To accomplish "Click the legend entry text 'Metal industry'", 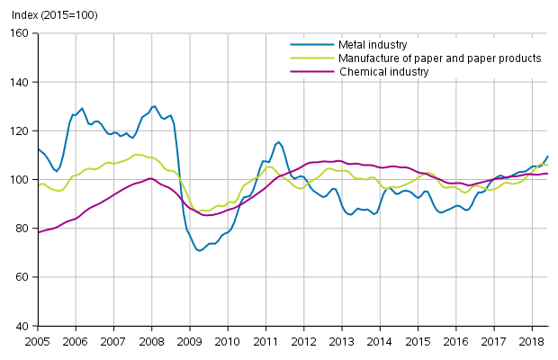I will (373, 45).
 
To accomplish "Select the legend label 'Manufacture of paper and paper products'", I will (439, 58).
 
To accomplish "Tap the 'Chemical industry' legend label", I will (383, 72).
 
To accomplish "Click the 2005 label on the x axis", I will (38, 342).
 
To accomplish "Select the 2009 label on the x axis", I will (190, 342).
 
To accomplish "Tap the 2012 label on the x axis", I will (304, 342).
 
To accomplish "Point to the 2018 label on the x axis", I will (532, 342).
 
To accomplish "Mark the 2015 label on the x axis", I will (418, 342).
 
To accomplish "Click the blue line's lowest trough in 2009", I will (199, 250).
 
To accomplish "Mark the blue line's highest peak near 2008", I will (154, 106).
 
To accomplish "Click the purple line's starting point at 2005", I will (39, 232).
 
